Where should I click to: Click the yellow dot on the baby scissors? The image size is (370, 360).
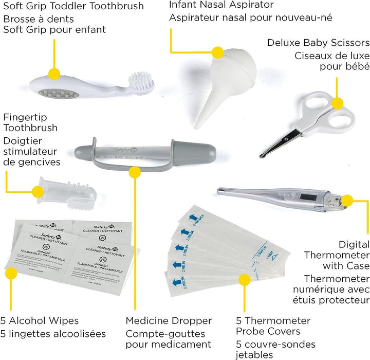point(337,103)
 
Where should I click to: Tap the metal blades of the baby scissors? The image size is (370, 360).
point(277,141)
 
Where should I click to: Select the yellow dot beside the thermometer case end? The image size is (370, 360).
point(347,201)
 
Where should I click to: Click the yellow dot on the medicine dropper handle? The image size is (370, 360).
point(135,172)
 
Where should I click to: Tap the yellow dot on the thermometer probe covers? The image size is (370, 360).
point(245,279)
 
